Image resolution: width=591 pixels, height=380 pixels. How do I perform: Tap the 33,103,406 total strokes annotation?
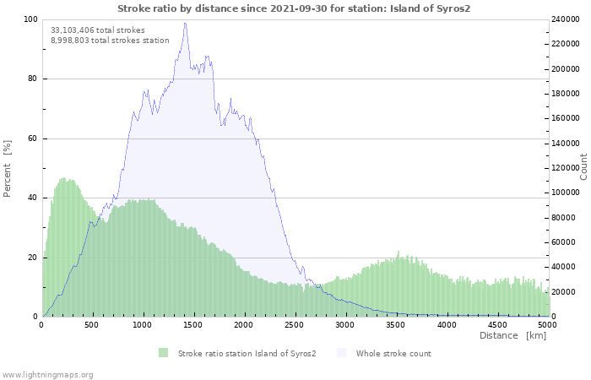[97, 30]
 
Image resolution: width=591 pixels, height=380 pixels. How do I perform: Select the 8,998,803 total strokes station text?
[110, 40]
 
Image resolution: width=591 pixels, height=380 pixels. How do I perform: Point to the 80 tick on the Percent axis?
[32, 79]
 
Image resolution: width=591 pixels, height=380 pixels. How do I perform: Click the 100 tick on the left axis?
[30, 19]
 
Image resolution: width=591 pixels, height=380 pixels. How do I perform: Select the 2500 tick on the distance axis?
[295, 324]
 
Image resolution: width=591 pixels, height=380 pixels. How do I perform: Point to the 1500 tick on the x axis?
[193, 324]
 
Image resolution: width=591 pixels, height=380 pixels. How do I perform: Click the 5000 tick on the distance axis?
[547, 324]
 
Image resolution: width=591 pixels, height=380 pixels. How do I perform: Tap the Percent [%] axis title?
[8, 168]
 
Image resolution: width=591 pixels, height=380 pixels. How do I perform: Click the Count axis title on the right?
[583, 166]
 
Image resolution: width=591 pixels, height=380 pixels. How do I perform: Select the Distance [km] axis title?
[512, 336]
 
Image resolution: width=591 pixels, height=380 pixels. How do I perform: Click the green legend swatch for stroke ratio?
[163, 353]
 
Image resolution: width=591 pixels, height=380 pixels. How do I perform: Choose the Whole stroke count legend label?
[393, 353]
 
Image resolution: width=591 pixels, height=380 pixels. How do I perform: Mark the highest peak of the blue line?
[186, 23]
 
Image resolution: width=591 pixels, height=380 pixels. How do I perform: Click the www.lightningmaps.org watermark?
[47, 374]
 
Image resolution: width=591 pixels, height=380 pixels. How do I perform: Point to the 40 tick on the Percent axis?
[32, 198]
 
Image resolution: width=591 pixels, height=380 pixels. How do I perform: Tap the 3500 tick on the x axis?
[396, 324]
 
